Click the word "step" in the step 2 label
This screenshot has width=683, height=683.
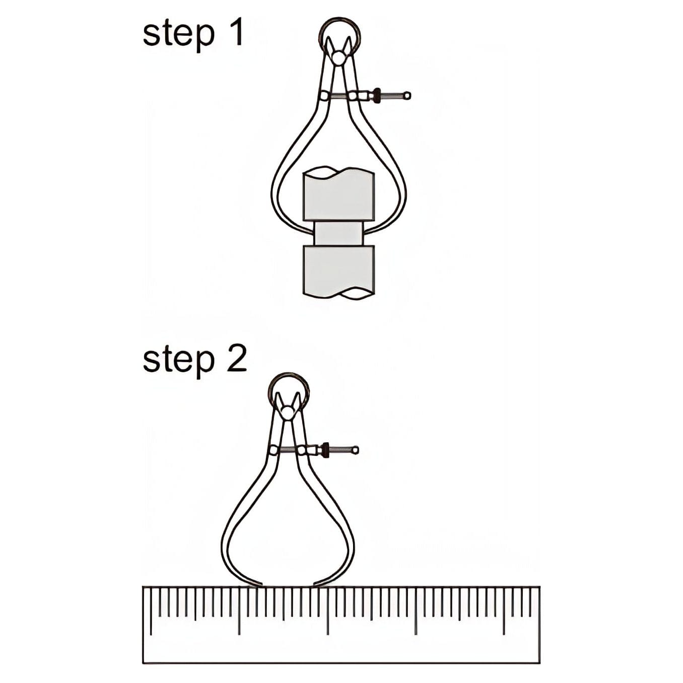click(x=179, y=363)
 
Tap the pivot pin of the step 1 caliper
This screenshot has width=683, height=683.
click(x=339, y=57)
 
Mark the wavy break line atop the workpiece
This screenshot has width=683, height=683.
click(x=338, y=173)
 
